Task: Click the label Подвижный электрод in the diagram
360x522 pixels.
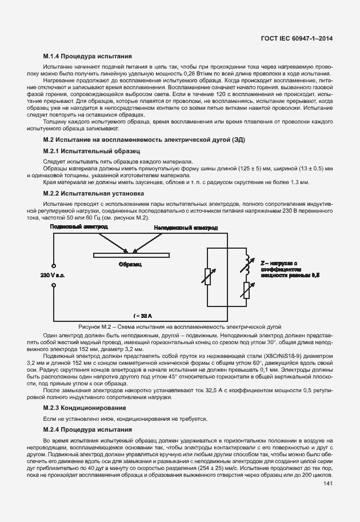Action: [x=78, y=228]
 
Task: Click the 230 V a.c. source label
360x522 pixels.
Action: [x=53, y=276]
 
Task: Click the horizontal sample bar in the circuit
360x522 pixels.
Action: [x=131, y=253]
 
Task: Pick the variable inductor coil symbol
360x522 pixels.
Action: [x=247, y=264]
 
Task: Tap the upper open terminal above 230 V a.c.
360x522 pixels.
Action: [x=53, y=266]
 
